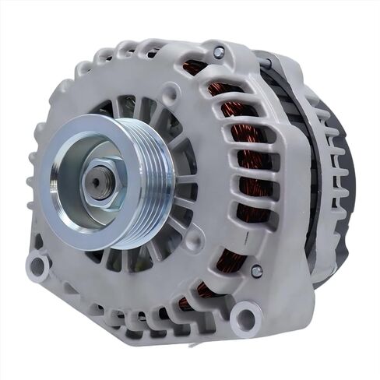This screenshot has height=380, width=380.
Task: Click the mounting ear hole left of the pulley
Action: tap(38, 266)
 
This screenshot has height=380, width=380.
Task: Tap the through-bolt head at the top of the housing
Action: tap(219, 52)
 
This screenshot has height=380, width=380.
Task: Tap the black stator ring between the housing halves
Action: tap(308, 195)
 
